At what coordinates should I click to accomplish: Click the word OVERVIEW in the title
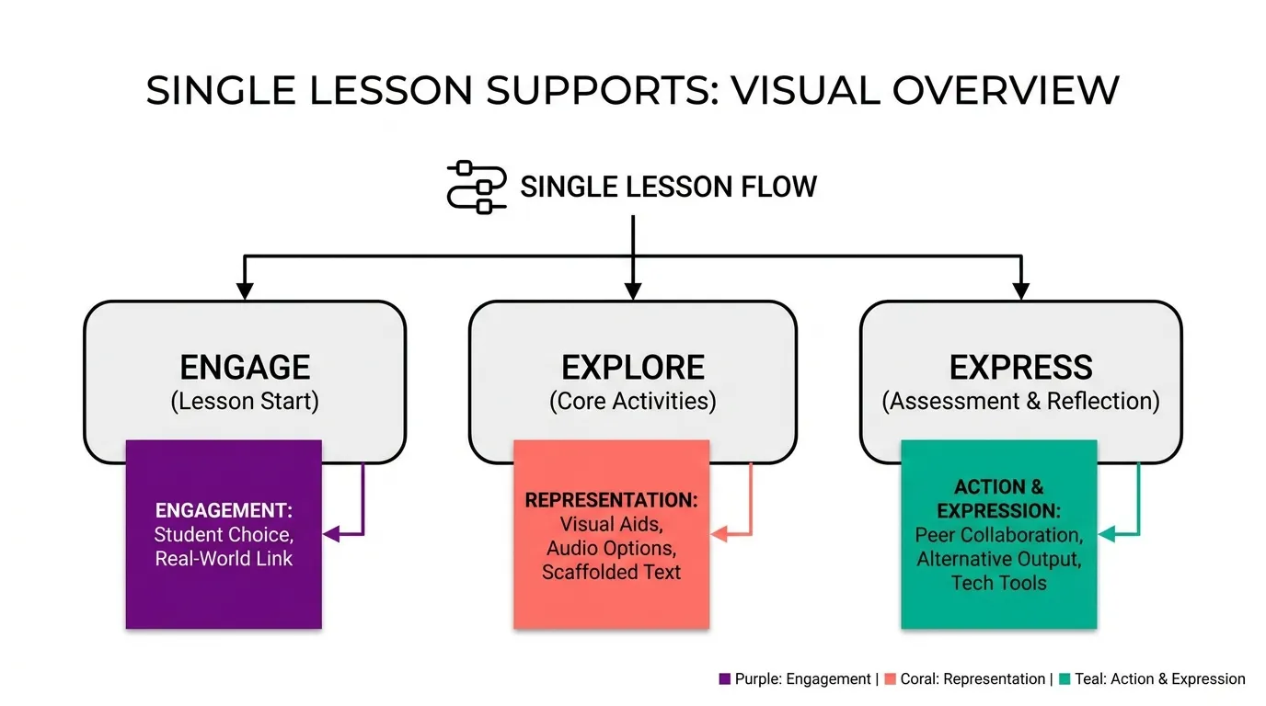coord(1006,90)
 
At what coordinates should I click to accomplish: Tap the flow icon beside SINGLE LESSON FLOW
coord(477,188)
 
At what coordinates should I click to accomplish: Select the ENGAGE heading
coord(245,368)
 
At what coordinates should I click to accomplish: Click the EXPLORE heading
coord(632,368)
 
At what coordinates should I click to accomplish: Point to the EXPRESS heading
coord(1020,368)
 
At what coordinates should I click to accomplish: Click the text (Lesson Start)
coord(245,401)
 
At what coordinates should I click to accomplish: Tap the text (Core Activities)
coord(632,401)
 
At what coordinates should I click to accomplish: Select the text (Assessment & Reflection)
coord(1020,401)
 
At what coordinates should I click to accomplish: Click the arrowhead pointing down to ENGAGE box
coord(244,290)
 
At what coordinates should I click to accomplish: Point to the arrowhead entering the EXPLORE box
coord(632,290)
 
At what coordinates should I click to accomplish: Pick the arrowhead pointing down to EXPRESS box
coord(1020,290)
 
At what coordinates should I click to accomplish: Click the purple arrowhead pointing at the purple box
coord(331,534)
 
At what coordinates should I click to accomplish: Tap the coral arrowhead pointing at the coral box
coord(719,534)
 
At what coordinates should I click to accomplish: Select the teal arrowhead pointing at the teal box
coord(1107,534)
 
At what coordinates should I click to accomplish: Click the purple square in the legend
coord(725,678)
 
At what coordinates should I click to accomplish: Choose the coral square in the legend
coord(891,678)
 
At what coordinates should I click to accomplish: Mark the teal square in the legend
coord(1065,678)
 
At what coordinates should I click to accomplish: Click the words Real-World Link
coord(224,559)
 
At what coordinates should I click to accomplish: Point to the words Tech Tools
coord(998,583)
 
